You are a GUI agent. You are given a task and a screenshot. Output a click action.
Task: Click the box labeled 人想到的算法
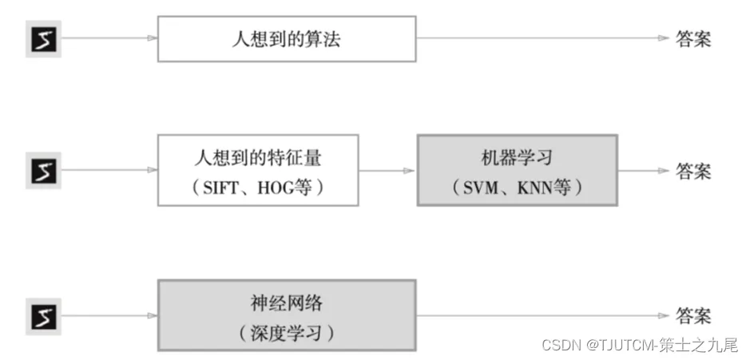pyautogui.click(x=287, y=39)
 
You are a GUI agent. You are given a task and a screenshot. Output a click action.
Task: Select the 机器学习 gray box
pyautogui.click(x=517, y=170)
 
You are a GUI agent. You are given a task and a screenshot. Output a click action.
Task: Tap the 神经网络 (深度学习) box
pyautogui.click(x=287, y=315)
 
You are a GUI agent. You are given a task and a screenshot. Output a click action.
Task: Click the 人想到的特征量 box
pyautogui.click(x=258, y=170)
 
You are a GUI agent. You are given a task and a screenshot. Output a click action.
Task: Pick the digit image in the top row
pyautogui.click(x=43, y=39)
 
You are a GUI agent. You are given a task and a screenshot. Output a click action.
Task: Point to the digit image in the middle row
pyautogui.click(x=43, y=170)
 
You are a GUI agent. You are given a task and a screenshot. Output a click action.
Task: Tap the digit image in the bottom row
pyautogui.click(x=43, y=316)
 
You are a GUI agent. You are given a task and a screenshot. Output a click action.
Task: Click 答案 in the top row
pyautogui.click(x=693, y=39)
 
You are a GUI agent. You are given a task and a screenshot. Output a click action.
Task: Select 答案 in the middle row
pyautogui.click(x=693, y=171)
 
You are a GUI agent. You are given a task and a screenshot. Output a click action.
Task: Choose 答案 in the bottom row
pyautogui.click(x=693, y=316)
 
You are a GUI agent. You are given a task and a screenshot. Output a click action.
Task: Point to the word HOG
pyautogui.click(x=275, y=188)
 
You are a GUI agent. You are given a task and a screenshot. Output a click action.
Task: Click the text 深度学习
pyautogui.click(x=286, y=333)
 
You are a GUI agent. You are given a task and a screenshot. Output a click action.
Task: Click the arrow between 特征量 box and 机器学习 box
pyautogui.click(x=387, y=170)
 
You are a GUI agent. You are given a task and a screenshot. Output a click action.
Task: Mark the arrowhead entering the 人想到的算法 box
pyautogui.click(x=153, y=38)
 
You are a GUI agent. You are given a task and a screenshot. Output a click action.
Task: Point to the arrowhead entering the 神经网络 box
pyautogui.click(x=153, y=315)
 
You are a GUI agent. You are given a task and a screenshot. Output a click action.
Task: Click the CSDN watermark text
pyautogui.click(x=641, y=344)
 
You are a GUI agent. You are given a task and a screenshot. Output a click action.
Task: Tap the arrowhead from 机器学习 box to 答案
pyautogui.click(x=664, y=170)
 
